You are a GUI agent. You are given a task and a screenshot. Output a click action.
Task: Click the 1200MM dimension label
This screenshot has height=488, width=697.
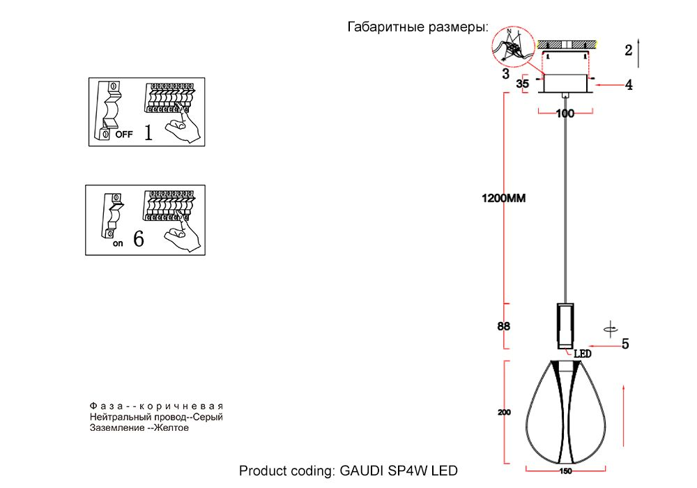[503, 198]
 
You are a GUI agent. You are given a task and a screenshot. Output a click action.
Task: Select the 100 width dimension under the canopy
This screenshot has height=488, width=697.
[565, 113]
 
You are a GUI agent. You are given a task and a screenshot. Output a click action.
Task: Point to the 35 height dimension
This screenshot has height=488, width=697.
[523, 84]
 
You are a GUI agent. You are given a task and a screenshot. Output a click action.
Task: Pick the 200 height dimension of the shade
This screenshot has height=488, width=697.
[504, 413]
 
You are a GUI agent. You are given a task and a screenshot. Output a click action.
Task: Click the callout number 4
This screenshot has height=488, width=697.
[629, 85]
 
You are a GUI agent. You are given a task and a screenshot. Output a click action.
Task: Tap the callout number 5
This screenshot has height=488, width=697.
[625, 344]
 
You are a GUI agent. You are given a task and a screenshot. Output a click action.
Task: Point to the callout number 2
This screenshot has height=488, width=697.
[629, 49]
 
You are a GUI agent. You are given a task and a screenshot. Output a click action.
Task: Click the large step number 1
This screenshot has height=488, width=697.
[148, 132]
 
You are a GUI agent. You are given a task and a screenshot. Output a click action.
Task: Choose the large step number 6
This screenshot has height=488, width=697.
[138, 240]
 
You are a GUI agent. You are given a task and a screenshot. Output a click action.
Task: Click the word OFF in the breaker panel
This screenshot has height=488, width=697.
[123, 135]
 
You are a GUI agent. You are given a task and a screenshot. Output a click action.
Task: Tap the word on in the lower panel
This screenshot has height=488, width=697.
[118, 243]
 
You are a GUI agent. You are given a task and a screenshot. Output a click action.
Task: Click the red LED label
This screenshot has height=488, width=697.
[582, 354]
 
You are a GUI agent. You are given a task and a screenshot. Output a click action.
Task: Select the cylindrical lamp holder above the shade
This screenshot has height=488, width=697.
[565, 326]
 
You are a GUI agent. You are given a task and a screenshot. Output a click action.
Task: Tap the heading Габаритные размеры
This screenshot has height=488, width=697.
[417, 28]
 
